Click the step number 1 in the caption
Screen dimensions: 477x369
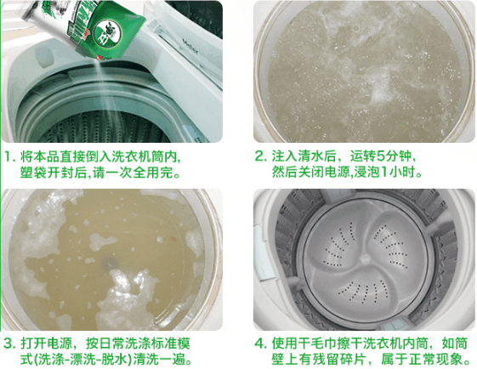click(8, 157)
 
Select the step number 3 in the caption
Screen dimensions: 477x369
click(9, 343)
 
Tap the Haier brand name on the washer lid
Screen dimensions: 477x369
click(190, 46)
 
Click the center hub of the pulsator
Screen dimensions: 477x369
click(365, 259)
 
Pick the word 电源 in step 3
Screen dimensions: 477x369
click(60, 343)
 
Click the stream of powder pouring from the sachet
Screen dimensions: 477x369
click(103, 90)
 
